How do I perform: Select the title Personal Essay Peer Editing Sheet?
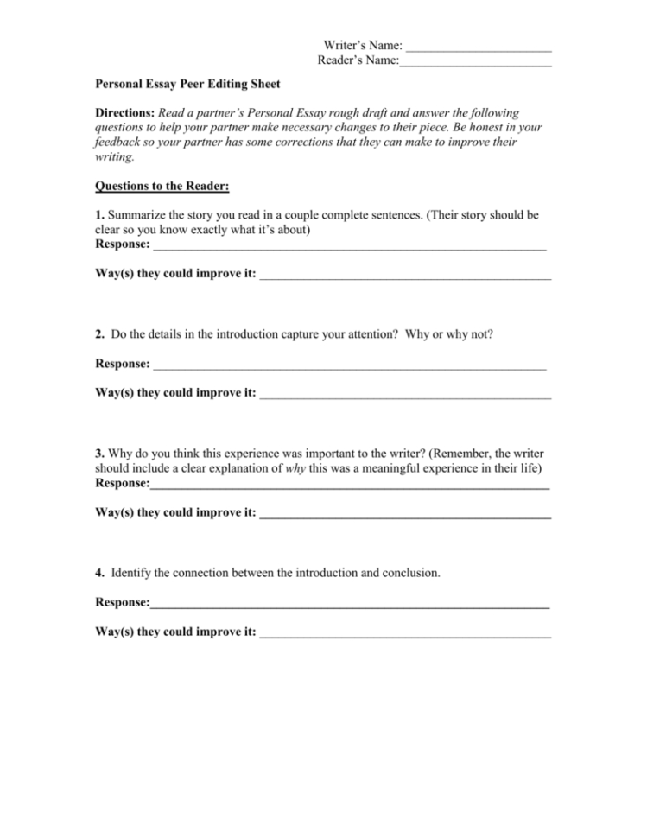pos(187,86)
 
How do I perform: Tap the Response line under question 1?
pos(349,247)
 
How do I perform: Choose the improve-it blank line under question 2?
pos(405,396)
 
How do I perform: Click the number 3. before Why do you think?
pos(100,453)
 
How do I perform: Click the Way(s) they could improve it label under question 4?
pos(175,633)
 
